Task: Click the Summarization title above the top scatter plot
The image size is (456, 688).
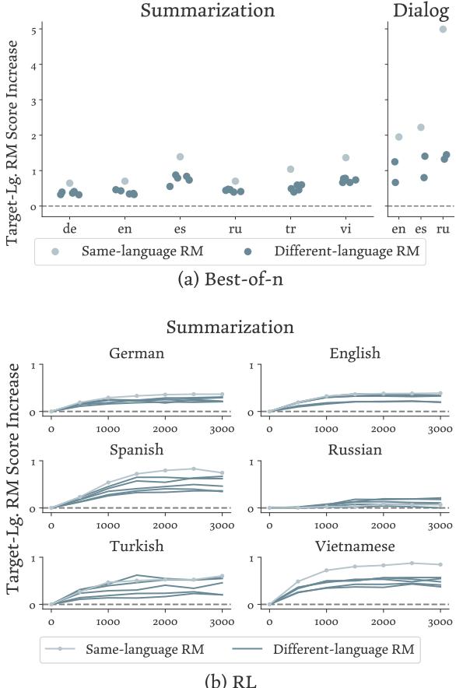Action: pos(207,10)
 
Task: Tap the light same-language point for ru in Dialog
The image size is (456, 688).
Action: pos(444,30)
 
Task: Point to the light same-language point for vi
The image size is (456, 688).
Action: pos(346,158)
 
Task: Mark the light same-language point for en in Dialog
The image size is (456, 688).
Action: pos(398,137)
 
